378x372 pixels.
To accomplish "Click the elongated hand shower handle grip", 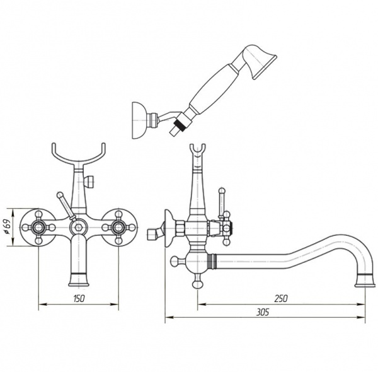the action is [x=212, y=88].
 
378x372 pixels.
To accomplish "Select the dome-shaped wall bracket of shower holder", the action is [x=139, y=120].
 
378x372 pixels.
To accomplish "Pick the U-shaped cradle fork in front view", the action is [x=79, y=154].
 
